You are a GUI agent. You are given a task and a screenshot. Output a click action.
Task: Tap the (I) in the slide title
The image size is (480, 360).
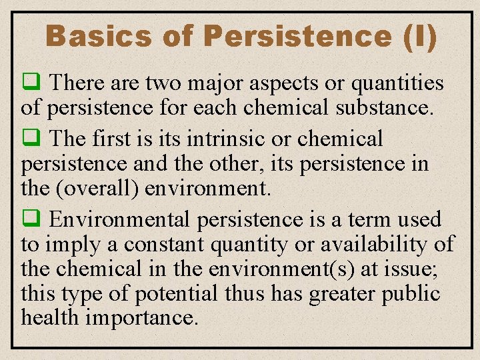coord(420,36)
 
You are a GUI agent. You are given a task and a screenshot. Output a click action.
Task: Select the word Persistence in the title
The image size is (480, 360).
coord(297,36)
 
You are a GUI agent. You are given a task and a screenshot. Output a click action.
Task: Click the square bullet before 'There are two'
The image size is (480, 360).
coord(30,83)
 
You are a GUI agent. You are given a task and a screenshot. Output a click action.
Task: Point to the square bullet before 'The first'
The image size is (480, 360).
coord(30,139)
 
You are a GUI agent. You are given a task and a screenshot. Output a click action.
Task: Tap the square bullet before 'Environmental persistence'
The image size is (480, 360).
coord(30,219)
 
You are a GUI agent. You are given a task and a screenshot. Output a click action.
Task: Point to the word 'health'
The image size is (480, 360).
coord(47,317)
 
